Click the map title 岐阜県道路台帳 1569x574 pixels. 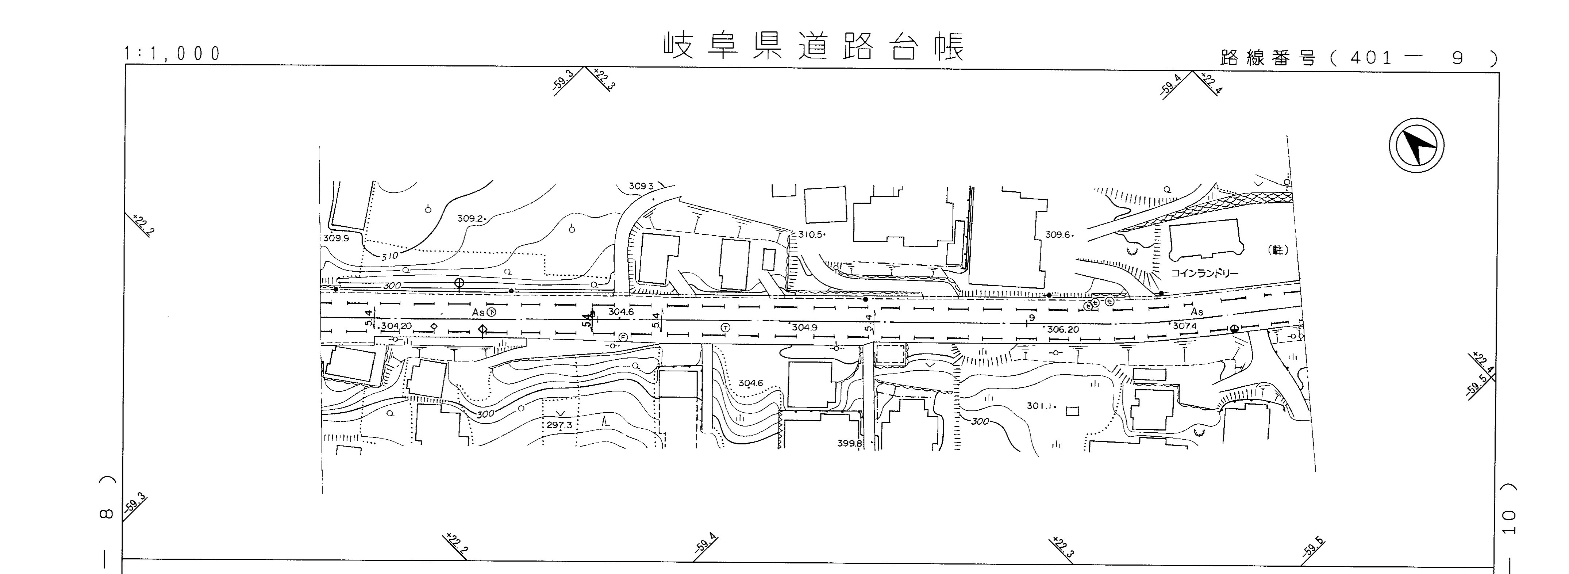(814, 47)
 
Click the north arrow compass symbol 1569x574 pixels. (1416, 147)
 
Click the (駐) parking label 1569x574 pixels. (1277, 250)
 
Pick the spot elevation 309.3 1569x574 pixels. (641, 186)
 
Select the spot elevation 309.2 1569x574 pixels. (470, 218)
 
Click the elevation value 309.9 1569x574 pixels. (336, 238)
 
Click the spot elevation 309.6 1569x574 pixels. (1057, 234)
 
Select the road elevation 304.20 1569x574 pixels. (396, 326)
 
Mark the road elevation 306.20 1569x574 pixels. (1063, 330)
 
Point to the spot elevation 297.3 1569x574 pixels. (559, 425)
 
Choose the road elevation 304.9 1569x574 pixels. (804, 327)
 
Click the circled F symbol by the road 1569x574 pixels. (623, 337)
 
